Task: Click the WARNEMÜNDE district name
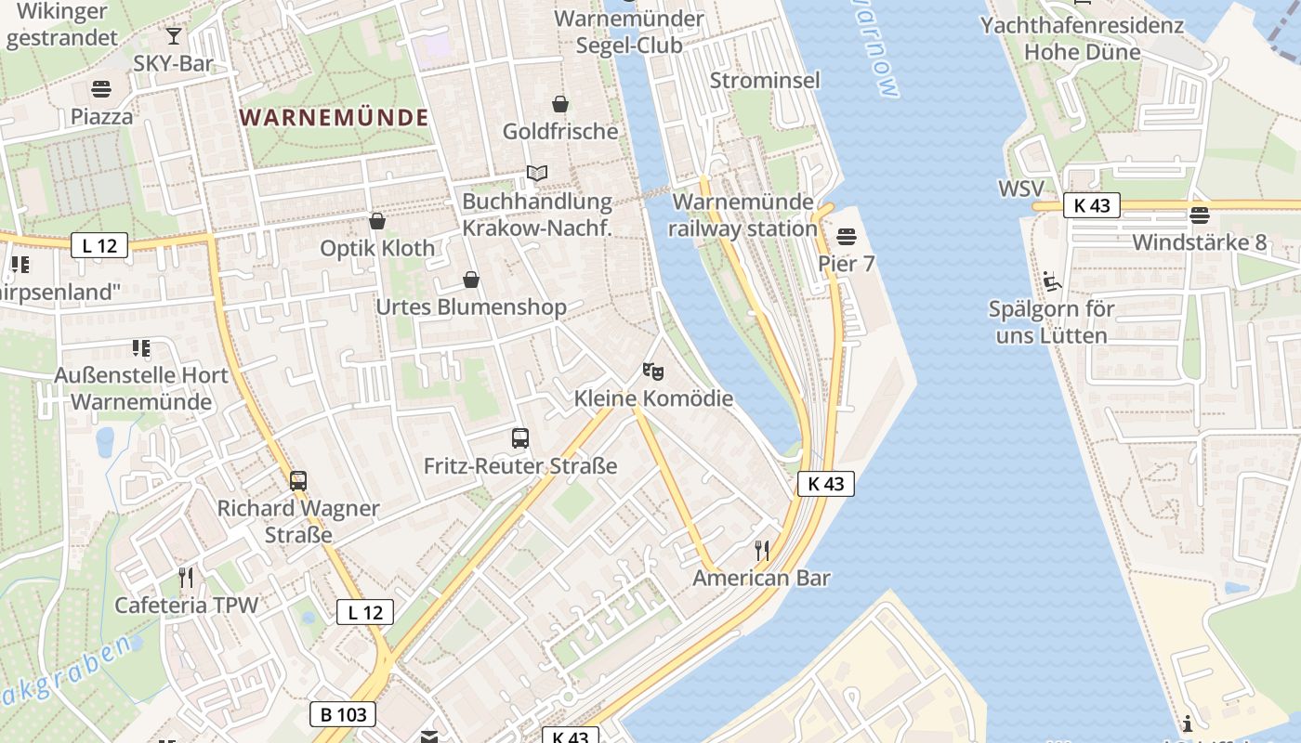tap(335, 118)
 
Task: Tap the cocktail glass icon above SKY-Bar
tap(174, 36)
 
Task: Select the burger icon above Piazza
tap(101, 90)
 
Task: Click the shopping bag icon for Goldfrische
tap(560, 104)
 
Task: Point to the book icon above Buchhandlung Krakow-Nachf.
tap(536, 173)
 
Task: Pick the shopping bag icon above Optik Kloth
tap(377, 221)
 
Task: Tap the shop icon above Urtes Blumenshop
tap(471, 280)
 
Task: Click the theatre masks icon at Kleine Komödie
tap(653, 371)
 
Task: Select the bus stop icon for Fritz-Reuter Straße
tap(520, 438)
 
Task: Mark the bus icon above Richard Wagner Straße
tap(298, 481)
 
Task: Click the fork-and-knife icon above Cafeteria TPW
tap(186, 578)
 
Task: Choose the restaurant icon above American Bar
tap(762, 551)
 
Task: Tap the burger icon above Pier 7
tap(846, 237)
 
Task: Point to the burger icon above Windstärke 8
tap(1200, 216)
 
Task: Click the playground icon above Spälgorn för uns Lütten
tap(1051, 281)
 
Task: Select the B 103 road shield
tap(343, 714)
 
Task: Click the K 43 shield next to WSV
tap(1092, 205)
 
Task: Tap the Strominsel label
tap(765, 81)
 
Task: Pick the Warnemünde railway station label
tap(742, 215)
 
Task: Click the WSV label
tap(1020, 189)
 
